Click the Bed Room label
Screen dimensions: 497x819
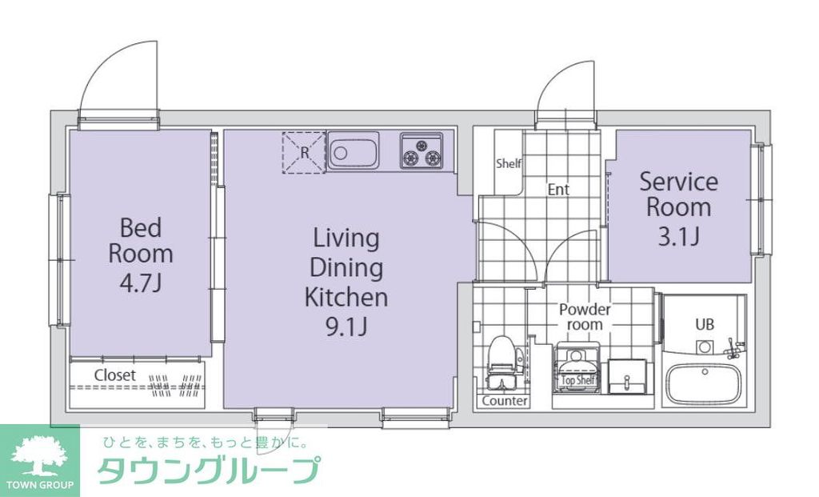tap(141, 240)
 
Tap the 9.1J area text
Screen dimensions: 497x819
tap(346, 327)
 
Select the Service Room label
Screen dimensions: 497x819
tap(678, 194)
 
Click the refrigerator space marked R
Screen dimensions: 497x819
tap(304, 151)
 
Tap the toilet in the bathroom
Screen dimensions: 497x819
tap(501, 361)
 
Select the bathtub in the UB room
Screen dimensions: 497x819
tap(703, 385)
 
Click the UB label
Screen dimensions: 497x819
tap(704, 325)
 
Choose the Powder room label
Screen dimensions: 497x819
tap(585, 317)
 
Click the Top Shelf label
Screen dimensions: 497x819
tap(578, 381)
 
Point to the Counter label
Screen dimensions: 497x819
tap(505, 400)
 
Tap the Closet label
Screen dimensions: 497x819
tap(115, 375)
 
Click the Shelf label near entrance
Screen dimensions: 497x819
tap(509, 163)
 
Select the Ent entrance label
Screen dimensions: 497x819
tap(558, 190)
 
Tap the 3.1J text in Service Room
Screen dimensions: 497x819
tap(678, 237)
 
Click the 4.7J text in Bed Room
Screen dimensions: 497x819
tap(141, 283)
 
